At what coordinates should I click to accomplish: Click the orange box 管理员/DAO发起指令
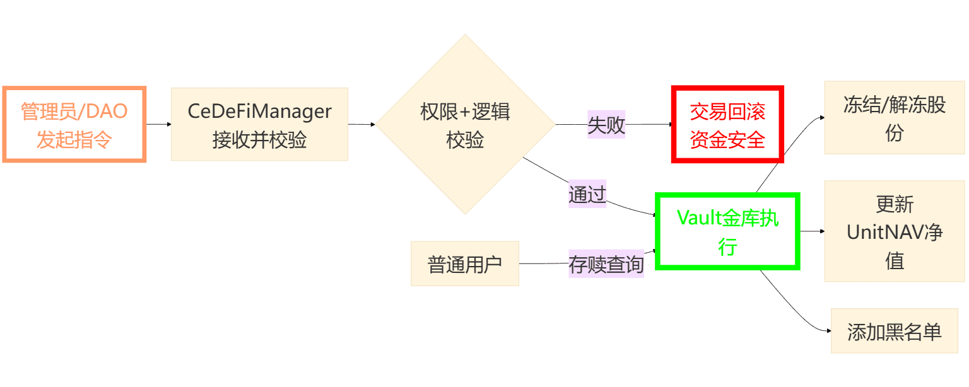(x=74, y=125)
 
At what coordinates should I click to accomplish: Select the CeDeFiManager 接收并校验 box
(x=259, y=124)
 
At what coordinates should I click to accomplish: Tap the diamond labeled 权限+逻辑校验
(x=466, y=125)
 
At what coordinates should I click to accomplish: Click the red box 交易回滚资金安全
(x=727, y=125)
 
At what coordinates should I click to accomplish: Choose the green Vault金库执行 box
(x=727, y=231)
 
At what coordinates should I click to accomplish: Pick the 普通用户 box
(x=464, y=263)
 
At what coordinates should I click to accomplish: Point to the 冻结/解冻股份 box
(x=894, y=118)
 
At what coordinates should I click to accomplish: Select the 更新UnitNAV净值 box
(x=894, y=231)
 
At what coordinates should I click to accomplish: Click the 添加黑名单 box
(x=894, y=331)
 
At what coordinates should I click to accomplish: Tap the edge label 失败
(x=606, y=125)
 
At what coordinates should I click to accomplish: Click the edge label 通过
(x=587, y=194)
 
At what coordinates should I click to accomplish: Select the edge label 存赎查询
(x=606, y=263)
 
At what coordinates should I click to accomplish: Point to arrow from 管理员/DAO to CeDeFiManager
(x=158, y=124)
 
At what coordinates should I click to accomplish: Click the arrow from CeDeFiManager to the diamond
(x=362, y=124)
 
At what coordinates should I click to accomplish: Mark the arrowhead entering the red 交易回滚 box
(x=671, y=125)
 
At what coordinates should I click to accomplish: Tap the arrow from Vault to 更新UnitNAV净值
(x=812, y=231)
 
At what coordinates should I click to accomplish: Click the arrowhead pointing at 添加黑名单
(x=828, y=331)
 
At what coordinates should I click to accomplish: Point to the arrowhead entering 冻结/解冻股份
(x=821, y=117)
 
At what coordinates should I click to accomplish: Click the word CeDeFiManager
(x=259, y=112)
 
